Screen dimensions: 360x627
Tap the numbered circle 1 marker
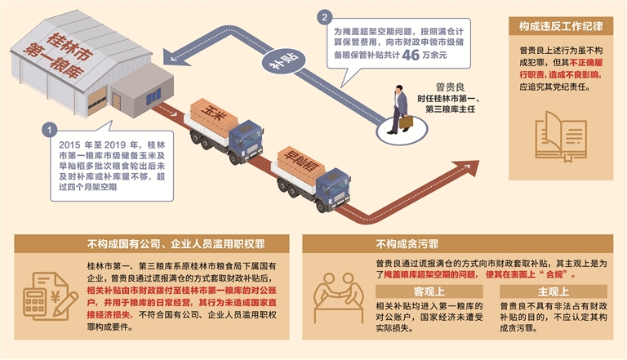[x=51, y=130]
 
